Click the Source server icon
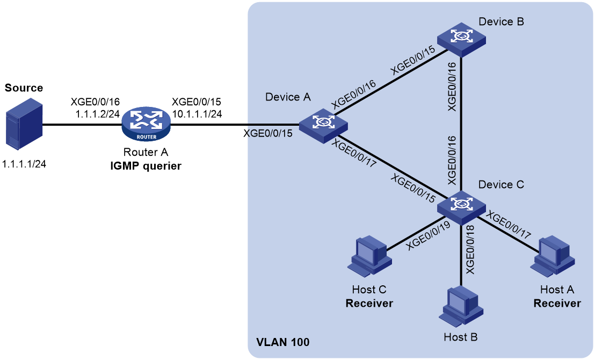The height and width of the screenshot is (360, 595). tap(24, 124)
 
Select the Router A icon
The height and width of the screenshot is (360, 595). tap(146, 125)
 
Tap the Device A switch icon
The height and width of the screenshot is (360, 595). tap(323, 126)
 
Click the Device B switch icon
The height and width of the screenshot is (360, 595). tap(461, 40)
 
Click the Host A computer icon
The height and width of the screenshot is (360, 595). tap(553, 256)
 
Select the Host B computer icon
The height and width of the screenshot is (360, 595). tap(461, 306)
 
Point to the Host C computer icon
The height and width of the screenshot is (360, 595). tap(369, 256)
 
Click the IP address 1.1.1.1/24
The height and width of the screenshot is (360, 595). tap(24, 164)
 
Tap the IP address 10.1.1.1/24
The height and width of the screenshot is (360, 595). tap(197, 113)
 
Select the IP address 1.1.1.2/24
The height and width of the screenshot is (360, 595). tap(98, 113)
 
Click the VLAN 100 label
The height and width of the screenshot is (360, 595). tap(282, 342)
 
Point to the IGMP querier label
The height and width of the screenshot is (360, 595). tap(146, 166)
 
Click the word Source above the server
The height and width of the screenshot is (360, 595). tap(24, 88)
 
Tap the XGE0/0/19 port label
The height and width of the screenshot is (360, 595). tap(428, 235)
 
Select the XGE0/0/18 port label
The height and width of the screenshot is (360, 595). tap(470, 249)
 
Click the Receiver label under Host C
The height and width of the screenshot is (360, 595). tap(369, 304)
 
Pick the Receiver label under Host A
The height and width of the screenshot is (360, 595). tap(557, 304)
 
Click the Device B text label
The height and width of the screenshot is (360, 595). tap(501, 21)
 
